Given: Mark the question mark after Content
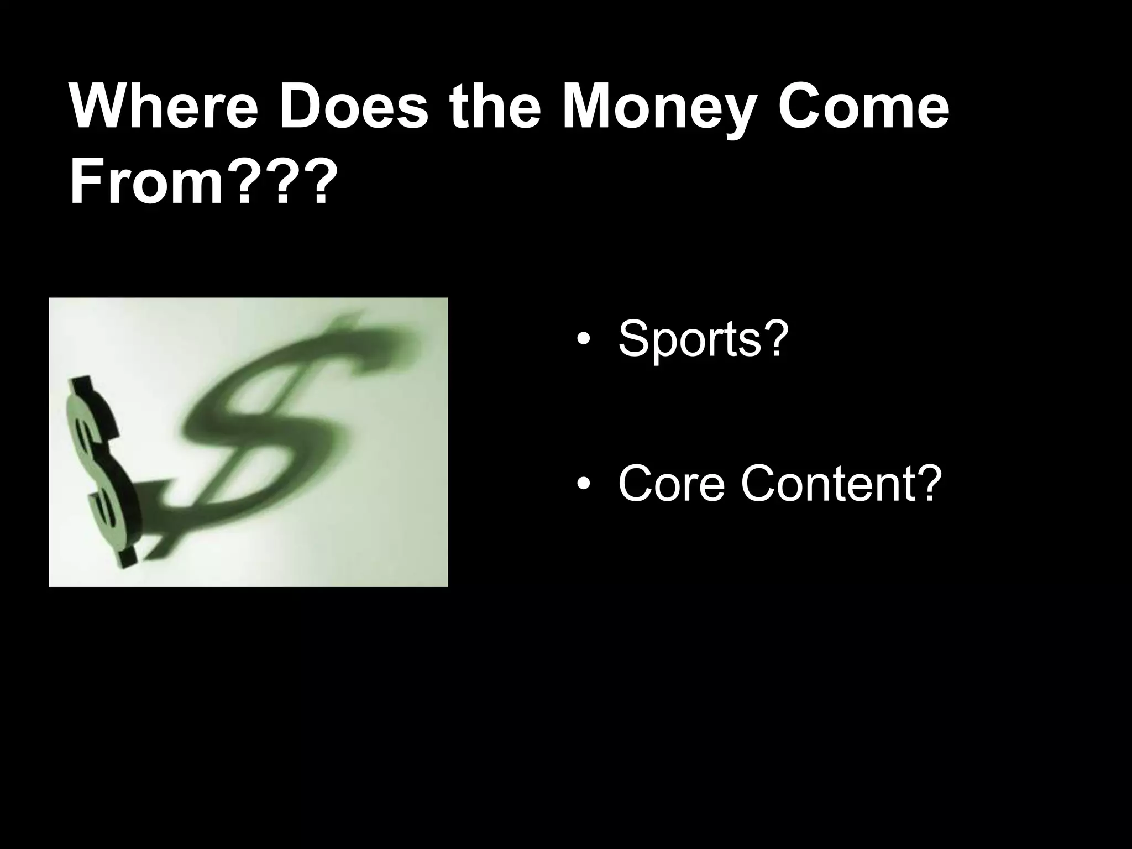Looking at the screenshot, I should point(927,483).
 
